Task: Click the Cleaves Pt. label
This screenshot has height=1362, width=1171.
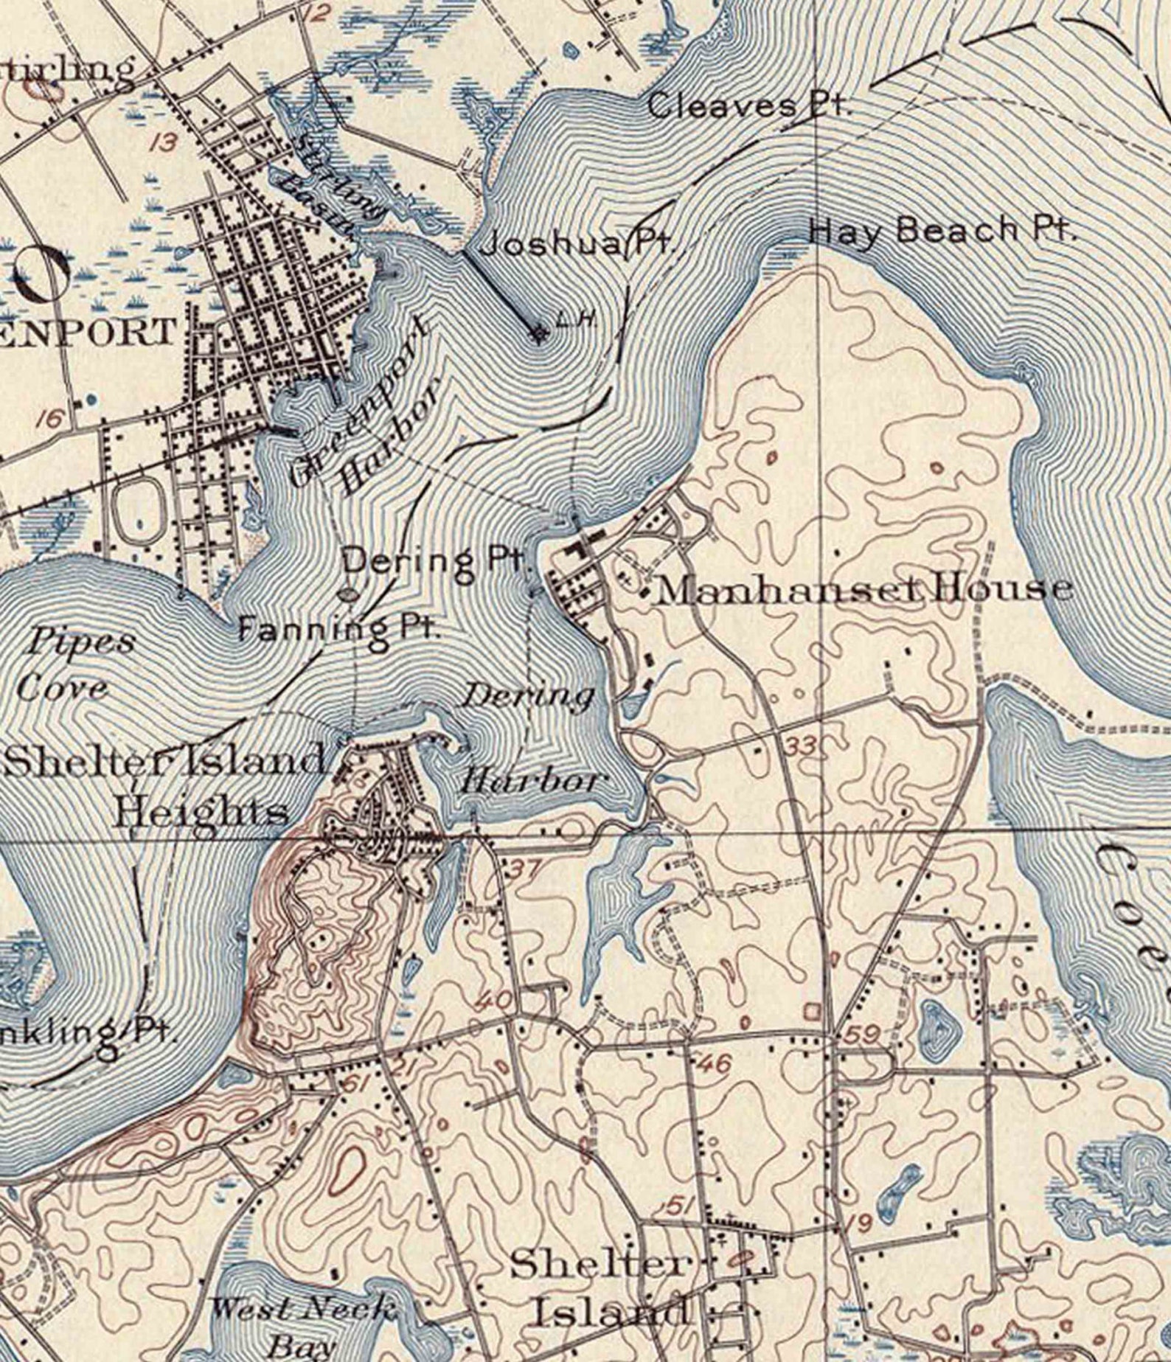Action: [x=748, y=106]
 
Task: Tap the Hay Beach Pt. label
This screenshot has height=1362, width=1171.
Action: [x=942, y=231]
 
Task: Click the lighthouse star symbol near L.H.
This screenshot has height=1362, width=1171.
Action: [x=540, y=334]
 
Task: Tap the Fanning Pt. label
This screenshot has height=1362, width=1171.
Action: [x=338, y=629]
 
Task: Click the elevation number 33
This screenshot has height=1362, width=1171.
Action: [x=799, y=746]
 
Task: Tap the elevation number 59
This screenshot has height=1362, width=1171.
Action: [x=861, y=1035]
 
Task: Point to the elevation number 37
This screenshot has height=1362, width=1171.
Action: [x=526, y=869]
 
